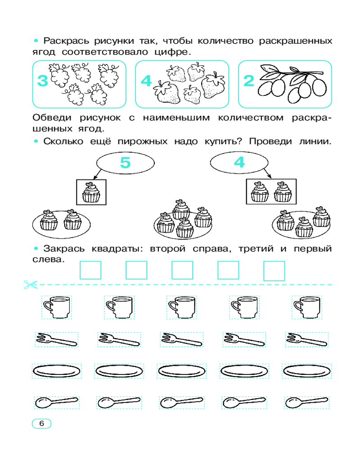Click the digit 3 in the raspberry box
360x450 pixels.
click(42, 81)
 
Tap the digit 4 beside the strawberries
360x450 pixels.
click(146, 81)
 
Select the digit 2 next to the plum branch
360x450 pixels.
click(248, 81)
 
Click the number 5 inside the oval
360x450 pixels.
click(125, 162)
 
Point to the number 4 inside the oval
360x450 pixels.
click(239, 162)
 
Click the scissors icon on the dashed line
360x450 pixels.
click(31, 285)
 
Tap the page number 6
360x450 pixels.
click(42, 423)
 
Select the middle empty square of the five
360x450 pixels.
click(182, 270)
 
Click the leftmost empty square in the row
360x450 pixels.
click(90, 270)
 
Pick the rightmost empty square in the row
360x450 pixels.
click(274, 270)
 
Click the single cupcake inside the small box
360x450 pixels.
click(91, 192)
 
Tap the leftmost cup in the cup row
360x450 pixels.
click(57, 307)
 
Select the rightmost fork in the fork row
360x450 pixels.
click(306, 339)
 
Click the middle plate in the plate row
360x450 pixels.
click(182, 371)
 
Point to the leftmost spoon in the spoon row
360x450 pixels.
click(57, 402)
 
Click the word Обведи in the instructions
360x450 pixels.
click(52, 117)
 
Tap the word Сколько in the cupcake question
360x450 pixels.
click(63, 141)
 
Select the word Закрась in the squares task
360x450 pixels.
click(64, 249)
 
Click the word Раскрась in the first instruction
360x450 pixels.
click(66, 41)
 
